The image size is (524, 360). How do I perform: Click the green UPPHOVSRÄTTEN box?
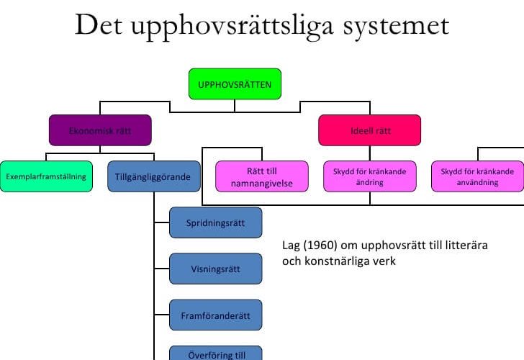[x=235, y=84]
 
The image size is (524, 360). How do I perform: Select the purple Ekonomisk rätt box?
[x=100, y=130]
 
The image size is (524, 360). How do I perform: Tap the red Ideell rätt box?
[x=369, y=130]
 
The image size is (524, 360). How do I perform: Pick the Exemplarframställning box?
[x=46, y=176]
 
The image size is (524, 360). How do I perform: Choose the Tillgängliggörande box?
[x=154, y=176]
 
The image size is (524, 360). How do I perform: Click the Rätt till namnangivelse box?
[x=262, y=176]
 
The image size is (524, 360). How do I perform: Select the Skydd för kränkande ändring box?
[x=369, y=176]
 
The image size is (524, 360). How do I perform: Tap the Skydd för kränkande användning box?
[x=477, y=176]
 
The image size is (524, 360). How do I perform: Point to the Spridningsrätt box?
[x=215, y=222]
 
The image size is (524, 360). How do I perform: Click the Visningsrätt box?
[x=215, y=269]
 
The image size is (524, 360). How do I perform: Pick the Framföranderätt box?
[x=215, y=315]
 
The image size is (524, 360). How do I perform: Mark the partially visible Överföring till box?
[x=215, y=353]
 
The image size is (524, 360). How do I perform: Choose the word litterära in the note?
[x=466, y=246]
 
